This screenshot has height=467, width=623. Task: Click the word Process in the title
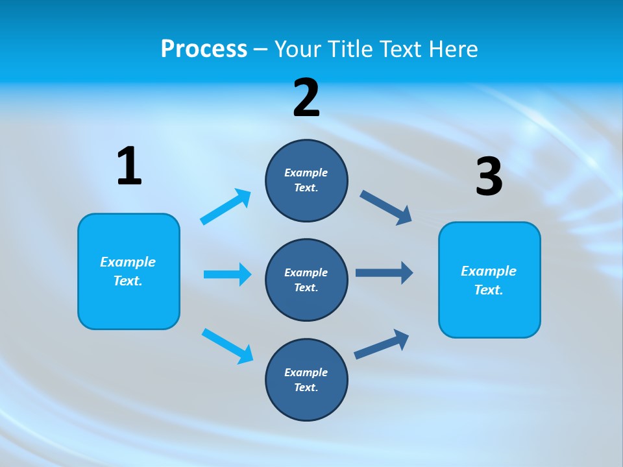tap(204, 49)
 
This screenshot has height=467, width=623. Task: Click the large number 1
tap(129, 167)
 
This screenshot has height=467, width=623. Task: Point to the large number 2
tap(306, 98)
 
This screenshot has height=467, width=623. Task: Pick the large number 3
tap(489, 177)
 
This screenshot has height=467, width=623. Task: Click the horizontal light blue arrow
tap(227, 274)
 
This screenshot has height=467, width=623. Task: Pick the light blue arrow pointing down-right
tap(227, 346)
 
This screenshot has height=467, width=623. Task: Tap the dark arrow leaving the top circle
tap(386, 208)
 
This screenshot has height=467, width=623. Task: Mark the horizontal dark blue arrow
tap(384, 272)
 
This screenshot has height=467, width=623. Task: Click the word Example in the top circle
tap(306, 173)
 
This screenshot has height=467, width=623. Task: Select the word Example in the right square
tap(489, 271)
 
